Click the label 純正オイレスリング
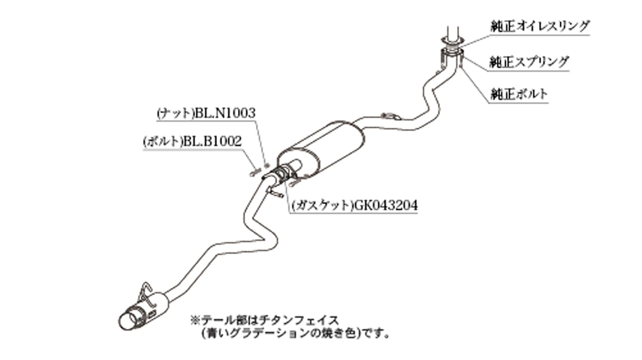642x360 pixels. [540, 26]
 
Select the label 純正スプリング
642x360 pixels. [529, 62]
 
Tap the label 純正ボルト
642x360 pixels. [519, 94]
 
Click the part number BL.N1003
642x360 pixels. [225, 113]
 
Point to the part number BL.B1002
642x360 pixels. [212, 141]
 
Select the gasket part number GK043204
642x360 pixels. [386, 205]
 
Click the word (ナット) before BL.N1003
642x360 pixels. [175, 113]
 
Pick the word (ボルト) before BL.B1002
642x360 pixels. [163, 141]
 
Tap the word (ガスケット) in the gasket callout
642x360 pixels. [323, 205]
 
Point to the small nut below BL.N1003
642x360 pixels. [267, 165]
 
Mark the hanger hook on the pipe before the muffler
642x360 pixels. [391, 116]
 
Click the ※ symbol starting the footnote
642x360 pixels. [195, 320]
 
